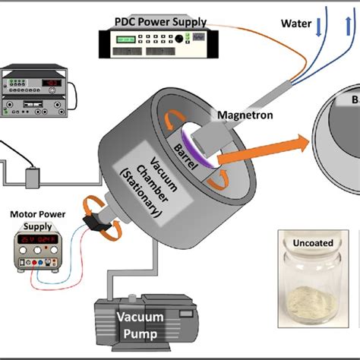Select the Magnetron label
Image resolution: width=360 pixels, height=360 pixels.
tap(241, 115)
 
